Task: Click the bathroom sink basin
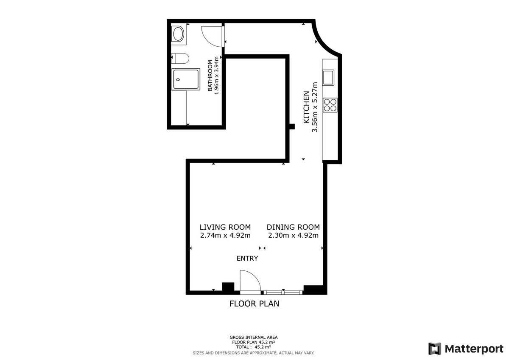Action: coord(179,34)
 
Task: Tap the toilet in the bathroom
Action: coord(180,59)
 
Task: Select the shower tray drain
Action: coord(178,79)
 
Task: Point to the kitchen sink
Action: coord(328,78)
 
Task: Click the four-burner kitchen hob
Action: coord(330,105)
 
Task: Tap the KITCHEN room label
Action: coord(307,107)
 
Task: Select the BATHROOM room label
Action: coord(210,76)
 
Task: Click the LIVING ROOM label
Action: coord(225,227)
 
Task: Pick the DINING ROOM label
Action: coord(293,227)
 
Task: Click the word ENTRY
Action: coord(247,259)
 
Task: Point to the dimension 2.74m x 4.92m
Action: coord(225,235)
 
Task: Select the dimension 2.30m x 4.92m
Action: coord(293,235)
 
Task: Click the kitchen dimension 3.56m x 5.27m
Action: coord(315,107)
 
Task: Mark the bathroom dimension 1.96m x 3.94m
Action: coord(216,76)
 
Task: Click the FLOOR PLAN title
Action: coord(254,304)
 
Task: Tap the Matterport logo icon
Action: coord(435,349)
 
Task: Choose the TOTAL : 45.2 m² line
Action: coord(253,347)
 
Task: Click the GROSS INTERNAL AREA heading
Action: coord(254,337)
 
